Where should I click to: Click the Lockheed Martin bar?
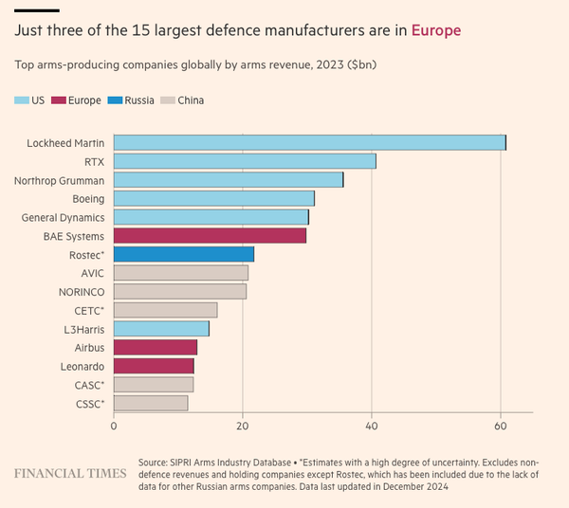(x=309, y=142)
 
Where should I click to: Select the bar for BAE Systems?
(x=210, y=235)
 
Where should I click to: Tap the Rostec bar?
(x=184, y=254)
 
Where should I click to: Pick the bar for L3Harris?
(x=161, y=328)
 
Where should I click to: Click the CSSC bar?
(x=151, y=402)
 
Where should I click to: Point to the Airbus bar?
(x=156, y=347)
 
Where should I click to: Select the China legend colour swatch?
(x=167, y=100)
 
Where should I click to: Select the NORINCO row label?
(x=82, y=291)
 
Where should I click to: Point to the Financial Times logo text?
(x=69, y=471)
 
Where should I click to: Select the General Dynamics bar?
(x=211, y=217)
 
